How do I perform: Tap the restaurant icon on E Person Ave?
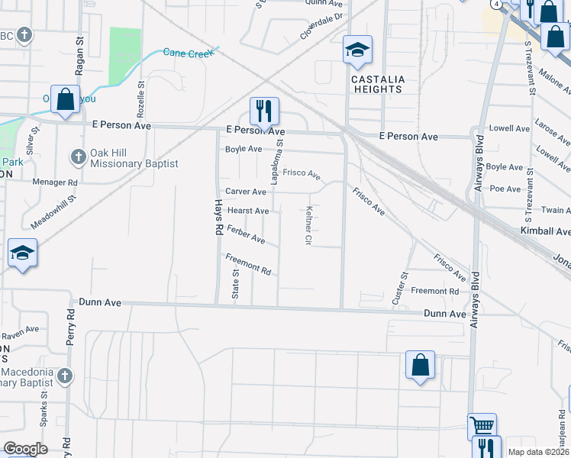[264, 111]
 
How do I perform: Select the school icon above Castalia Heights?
[356, 50]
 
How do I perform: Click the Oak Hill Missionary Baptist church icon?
[77, 157]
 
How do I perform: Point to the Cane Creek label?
[190, 51]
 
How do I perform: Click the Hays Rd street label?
[218, 218]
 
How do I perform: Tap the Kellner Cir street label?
[309, 225]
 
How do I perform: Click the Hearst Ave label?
[248, 211]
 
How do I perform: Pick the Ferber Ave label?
[246, 234]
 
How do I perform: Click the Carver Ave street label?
[245, 192]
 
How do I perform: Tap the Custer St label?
[398, 289]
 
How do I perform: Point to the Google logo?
[26, 449]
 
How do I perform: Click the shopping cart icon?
[482, 425]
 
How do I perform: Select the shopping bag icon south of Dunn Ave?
[420, 365]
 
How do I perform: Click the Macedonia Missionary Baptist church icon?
[66, 375]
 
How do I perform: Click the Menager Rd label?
[55, 183]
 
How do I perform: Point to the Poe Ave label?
[505, 188]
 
